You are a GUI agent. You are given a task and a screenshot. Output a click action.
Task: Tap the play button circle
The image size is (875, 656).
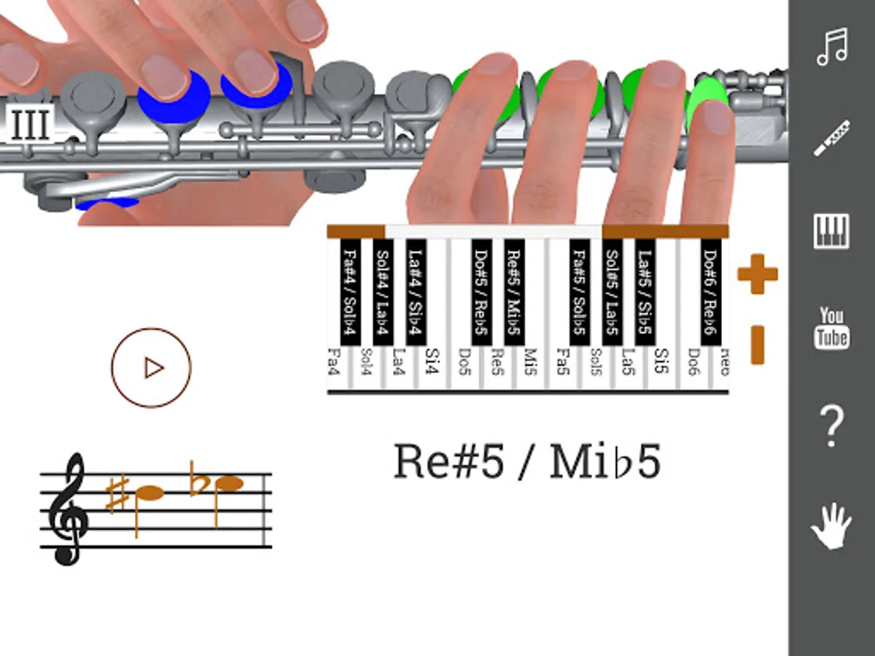[151, 367]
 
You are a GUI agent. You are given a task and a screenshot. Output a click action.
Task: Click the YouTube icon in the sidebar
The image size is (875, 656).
[832, 328]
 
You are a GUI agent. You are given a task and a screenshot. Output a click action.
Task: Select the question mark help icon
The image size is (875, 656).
[832, 426]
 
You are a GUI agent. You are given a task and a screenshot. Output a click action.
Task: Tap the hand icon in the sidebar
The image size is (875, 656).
[831, 525]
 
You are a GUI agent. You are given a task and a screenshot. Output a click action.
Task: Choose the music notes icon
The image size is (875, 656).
[832, 47]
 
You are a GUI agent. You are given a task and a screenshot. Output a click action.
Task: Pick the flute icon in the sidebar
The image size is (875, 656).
[831, 138]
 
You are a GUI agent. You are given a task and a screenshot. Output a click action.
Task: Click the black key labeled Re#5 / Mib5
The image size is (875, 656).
[514, 292]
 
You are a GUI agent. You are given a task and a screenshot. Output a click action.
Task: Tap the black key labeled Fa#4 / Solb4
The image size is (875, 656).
[351, 292]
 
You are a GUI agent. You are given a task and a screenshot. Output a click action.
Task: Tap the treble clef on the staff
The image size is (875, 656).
[69, 509]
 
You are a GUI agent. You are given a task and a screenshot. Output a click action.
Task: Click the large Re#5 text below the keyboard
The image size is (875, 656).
[448, 462]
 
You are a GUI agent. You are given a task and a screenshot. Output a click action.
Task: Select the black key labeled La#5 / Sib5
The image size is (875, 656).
[645, 292]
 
